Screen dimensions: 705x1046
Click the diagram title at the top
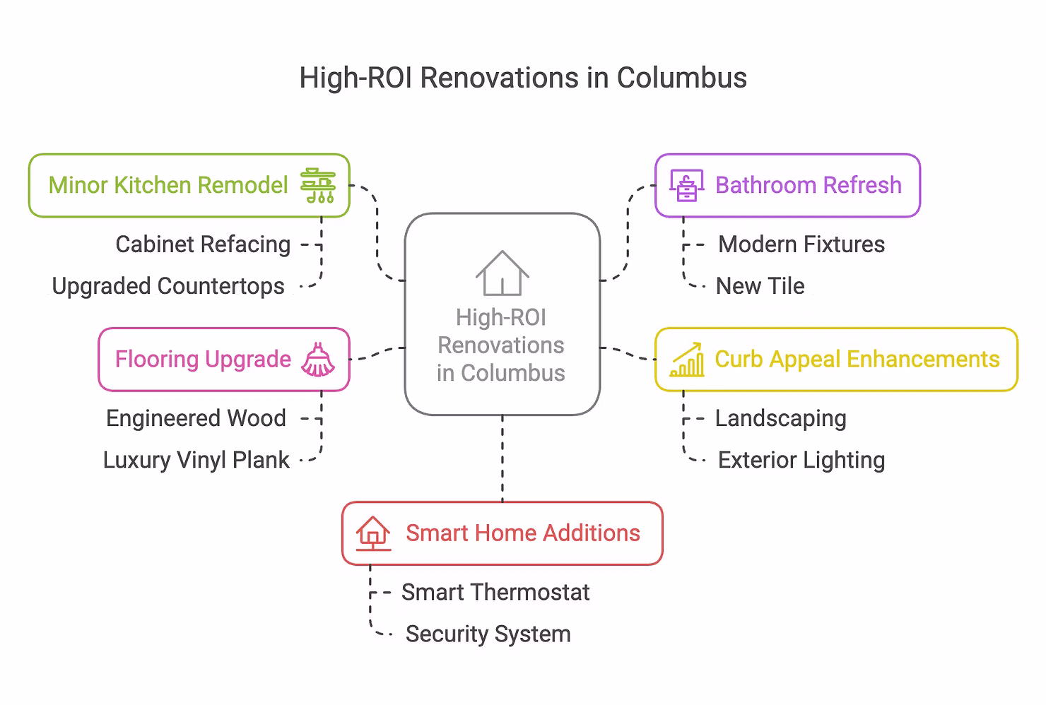pyautogui.click(x=523, y=78)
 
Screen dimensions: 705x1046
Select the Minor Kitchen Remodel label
pyautogui.click(x=168, y=185)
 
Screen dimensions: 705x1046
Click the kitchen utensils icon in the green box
pyautogui.click(x=318, y=186)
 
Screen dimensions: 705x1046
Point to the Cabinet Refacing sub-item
pyautogui.click(x=203, y=244)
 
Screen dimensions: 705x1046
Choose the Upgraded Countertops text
pyautogui.click(x=168, y=286)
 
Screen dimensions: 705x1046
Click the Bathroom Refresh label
pyautogui.click(x=809, y=185)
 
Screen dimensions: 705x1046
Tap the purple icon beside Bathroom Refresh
pyautogui.click(x=686, y=186)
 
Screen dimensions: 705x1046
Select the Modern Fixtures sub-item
pyautogui.click(x=801, y=244)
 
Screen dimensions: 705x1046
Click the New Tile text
pyautogui.click(x=760, y=286)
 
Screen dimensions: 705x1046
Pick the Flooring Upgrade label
pyautogui.click(x=203, y=360)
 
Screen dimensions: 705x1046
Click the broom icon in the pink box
pyautogui.click(x=318, y=360)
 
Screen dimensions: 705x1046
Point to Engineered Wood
pyautogui.click(x=196, y=418)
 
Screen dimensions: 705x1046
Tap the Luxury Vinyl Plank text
pyautogui.click(x=196, y=460)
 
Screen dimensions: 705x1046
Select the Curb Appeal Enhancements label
pyautogui.click(x=857, y=360)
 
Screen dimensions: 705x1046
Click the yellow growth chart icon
pyautogui.click(x=686, y=360)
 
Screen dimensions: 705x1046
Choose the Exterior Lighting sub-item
pyautogui.click(x=801, y=460)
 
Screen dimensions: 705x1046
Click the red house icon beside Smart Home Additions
pyautogui.click(x=373, y=533)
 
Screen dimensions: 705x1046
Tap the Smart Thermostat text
pyautogui.click(x=495, y=592)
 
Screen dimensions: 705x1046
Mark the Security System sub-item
pyautogui.click(x=488, y=634)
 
